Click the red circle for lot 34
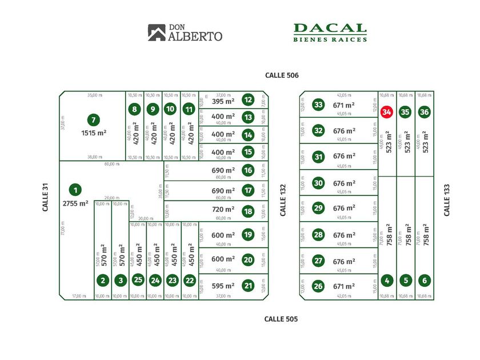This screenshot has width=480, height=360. (387, 112)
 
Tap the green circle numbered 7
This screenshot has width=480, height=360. (93, 120)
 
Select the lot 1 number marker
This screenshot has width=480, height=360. (74, 190)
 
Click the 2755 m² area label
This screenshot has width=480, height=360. (75, 203)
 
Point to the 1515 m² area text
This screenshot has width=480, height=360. (94, 133)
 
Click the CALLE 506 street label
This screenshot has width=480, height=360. (282, 75)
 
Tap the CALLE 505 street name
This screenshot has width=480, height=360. (281, 319)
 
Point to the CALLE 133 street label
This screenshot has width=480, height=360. (447, 199)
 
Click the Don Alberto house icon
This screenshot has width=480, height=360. (156, 33)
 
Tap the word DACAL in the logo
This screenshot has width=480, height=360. (330, 29)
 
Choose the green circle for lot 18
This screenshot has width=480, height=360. (247, 210)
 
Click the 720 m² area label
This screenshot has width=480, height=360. (223, 210)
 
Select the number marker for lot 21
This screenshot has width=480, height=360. (247, 286)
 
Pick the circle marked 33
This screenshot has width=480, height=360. (318, 105)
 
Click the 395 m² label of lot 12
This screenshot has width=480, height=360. (223, 101)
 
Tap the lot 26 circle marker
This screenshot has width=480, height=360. (318, 286)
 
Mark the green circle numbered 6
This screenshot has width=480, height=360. (423, 281)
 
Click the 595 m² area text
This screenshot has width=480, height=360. (223, 286)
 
